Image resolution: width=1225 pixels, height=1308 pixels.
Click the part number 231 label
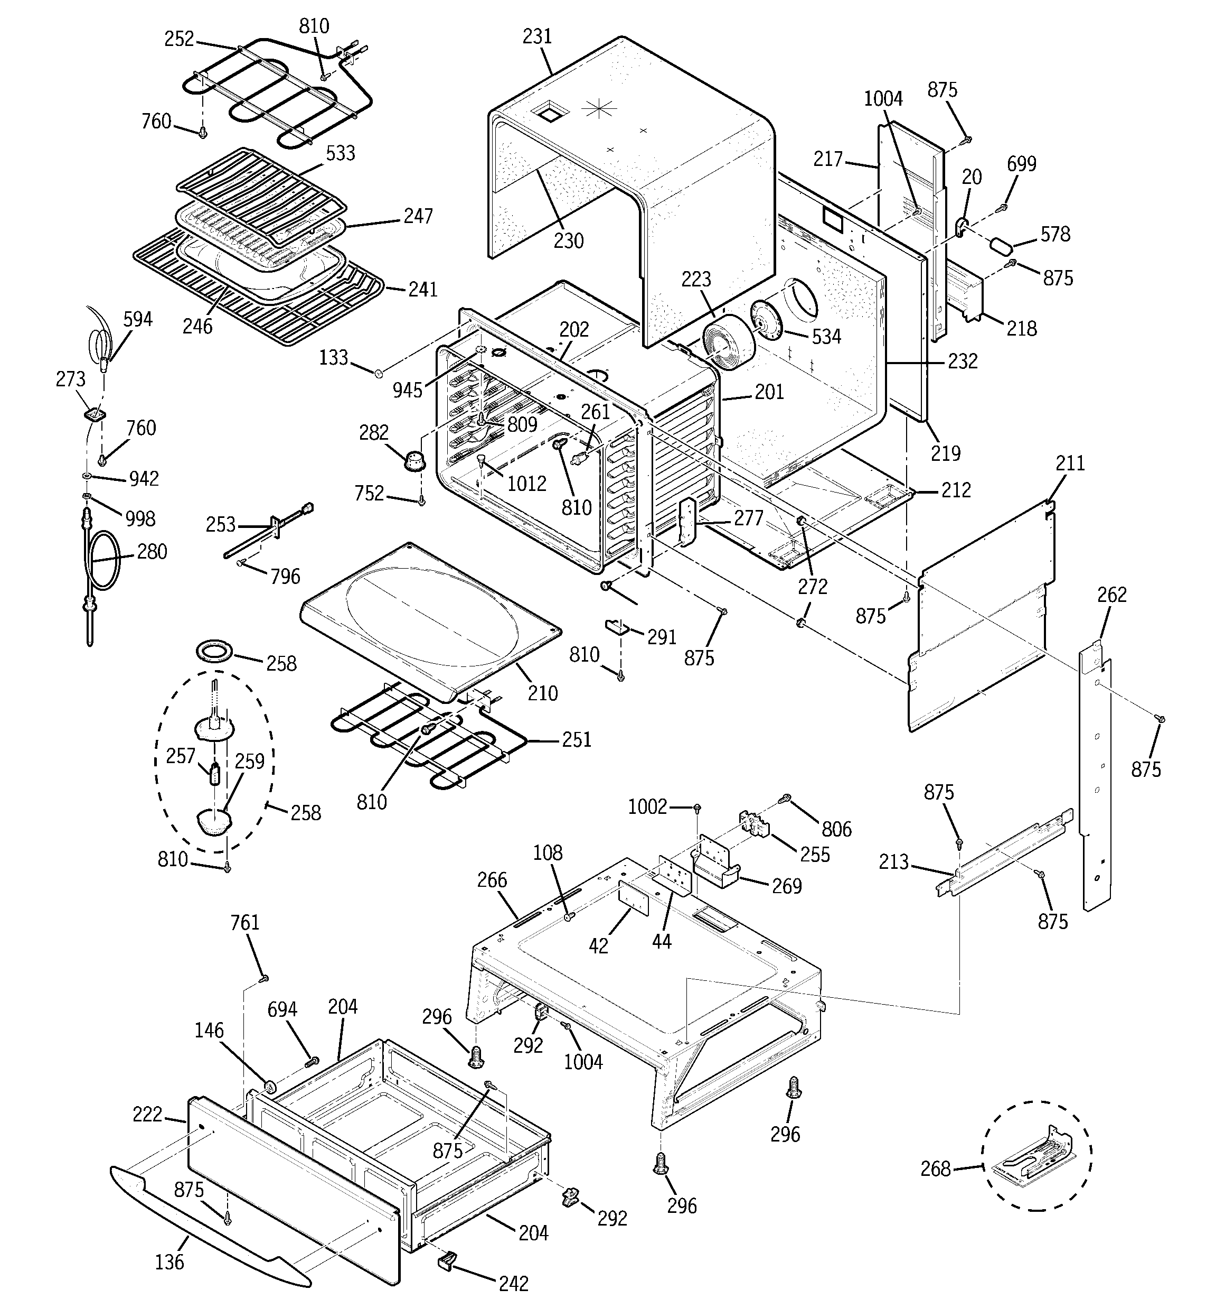click(x=536, y=37)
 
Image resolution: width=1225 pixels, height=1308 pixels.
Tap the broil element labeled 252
click(x=276, y=92)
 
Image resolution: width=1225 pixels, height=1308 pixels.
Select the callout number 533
click(x=340, y=153)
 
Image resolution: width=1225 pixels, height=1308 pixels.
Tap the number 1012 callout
click(x=526, y=484)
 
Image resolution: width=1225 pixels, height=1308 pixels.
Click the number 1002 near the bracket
click(x=647, y=806)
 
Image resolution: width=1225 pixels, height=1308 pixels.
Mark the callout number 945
click(x=407, y=389)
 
